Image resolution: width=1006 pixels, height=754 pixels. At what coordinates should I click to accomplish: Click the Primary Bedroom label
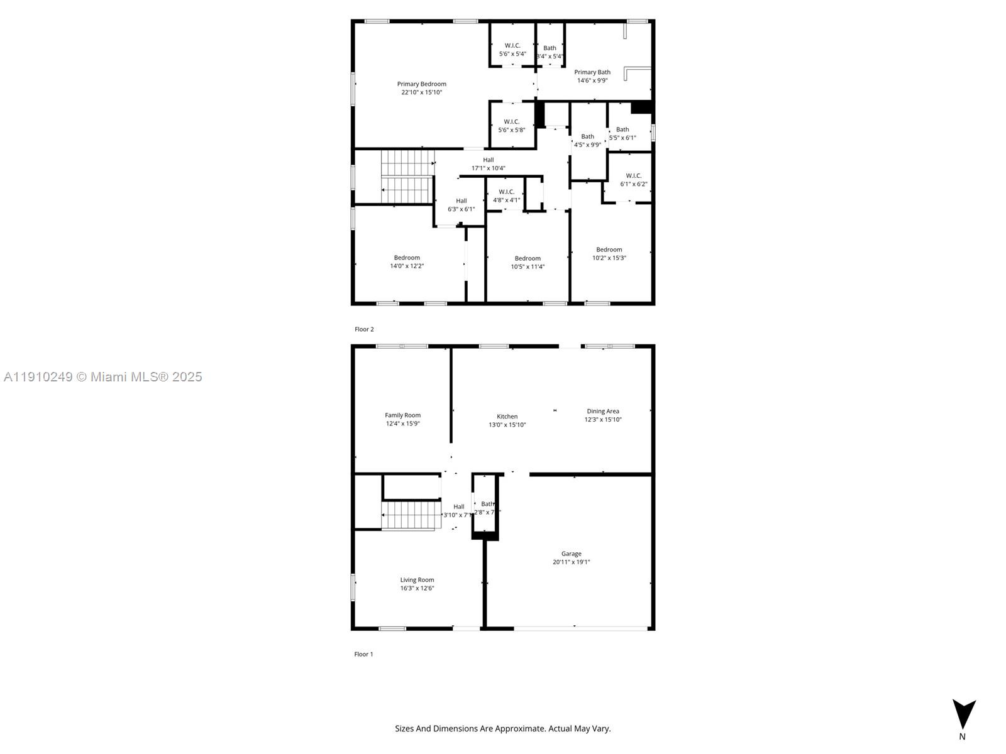tap(421, 84)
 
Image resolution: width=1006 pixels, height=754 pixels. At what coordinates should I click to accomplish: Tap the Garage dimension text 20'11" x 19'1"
tap(571, 562)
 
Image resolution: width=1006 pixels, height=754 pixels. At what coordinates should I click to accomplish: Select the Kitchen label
tap(507, 417)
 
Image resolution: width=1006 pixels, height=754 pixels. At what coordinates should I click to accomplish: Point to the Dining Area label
tap(602, 412)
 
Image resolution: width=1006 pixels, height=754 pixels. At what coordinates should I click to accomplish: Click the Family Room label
tap(402, 415)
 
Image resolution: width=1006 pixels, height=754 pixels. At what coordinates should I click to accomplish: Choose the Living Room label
tap(417, 580)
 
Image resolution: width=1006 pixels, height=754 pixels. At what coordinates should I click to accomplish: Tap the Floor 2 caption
tap(364, 329)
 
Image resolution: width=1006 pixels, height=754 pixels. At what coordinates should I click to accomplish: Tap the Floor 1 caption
tap(363, 654)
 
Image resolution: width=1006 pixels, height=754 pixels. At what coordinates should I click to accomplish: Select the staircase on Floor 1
tap(409, 515)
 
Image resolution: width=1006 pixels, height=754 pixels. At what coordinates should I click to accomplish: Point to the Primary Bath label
tap(592, 72)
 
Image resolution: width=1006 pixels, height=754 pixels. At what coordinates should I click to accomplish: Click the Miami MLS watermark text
tap(102, 377)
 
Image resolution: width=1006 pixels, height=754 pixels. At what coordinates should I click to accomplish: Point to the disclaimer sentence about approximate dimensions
tap(502, 729)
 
